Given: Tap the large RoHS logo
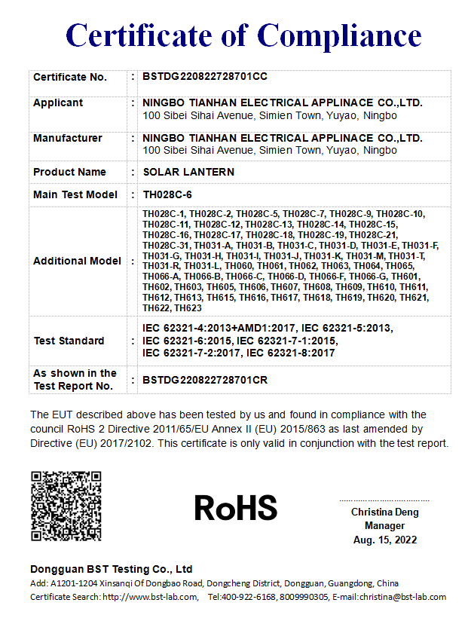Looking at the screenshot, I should [x=236, y=509].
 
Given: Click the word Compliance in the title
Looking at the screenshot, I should [x=340, y=35].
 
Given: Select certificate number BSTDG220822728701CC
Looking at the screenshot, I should [x=205, y=77].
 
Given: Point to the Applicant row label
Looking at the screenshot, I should [x=58, y=102].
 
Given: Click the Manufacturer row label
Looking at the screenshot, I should [x=68, y=138].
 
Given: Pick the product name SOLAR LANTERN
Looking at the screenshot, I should [x=188, y=172].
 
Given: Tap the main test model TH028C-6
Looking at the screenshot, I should [x=168, y=194].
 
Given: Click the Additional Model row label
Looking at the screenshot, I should [x=77, y=261].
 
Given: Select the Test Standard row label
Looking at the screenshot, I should [x=69, y=341].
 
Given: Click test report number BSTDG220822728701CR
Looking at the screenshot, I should [x=205, y=380].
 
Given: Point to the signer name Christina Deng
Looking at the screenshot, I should [x=384, y=512].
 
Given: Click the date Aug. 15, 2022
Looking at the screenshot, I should [x=384, y=540].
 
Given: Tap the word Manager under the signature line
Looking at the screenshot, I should [x=384, y=526].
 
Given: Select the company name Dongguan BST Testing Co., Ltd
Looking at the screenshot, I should [x=112, y=569].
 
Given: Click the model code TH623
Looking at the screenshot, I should [x=188, y=308].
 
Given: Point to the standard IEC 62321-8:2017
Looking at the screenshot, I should [x=291, y=353].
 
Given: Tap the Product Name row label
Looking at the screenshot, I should [x=69, y=172].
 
